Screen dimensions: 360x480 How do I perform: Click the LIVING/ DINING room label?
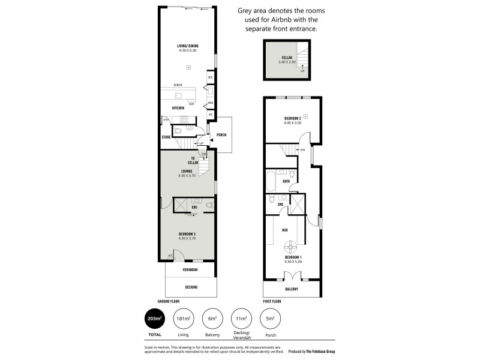point(188,46)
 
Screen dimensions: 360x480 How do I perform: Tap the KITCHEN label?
point(178,108)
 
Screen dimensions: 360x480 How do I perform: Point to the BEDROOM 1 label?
point(292,257)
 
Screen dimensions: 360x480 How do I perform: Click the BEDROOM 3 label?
point(187,234)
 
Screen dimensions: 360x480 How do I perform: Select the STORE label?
point(166,137)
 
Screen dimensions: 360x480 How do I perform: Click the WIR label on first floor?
point(286,229)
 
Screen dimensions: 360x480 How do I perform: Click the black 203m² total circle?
point(154,319)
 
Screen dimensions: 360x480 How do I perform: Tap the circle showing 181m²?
point(182,319)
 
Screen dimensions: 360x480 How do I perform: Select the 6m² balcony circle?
point(211,319)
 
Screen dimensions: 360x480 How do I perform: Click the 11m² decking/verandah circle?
point(241,319)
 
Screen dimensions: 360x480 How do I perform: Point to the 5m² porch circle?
point(270,319)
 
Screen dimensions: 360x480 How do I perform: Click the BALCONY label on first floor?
point(291,289)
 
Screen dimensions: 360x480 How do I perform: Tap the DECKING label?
point(190,287)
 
